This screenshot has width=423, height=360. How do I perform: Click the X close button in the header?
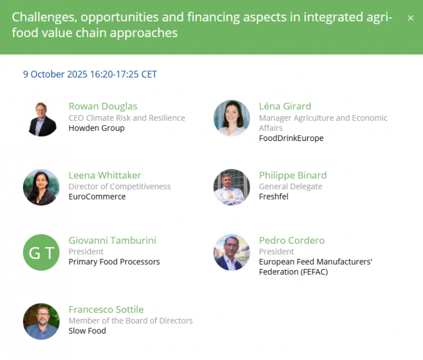click(x=410, y=18)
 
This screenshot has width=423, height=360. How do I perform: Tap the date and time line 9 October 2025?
click(x=90, y=74)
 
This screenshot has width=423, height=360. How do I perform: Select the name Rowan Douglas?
click(x=103, y=106)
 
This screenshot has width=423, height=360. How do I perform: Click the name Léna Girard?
click(x=285, y=106)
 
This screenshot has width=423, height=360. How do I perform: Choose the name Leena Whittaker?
click(x=105, y=175)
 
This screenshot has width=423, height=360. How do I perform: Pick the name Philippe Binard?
click(x=293, y=175)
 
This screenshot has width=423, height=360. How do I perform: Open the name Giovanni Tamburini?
click(x=112, y=240)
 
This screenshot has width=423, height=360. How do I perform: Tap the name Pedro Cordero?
click(x=291, y=240)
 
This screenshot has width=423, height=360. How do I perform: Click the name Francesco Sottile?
click(x=106, y=309)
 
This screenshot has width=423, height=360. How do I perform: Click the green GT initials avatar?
click(x=41, y=253)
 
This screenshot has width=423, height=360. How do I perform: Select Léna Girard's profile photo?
click(x=231, y=119)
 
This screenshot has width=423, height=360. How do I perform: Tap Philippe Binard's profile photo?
click(x=231, y=187)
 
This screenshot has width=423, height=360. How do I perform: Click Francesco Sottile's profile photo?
click(x=41, y=321)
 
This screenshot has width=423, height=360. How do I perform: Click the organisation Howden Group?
click(x=96, y=128)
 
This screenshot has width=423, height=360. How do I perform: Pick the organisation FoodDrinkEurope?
click(x=291, y=138)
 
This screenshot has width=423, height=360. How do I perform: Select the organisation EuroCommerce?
click(x=97, y=197)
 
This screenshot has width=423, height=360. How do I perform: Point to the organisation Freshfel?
click(x=274, y=197)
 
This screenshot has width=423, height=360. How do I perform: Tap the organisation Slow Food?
click(x=87, y=331)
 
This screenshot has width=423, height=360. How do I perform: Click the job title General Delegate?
click(x=291, y=186)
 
